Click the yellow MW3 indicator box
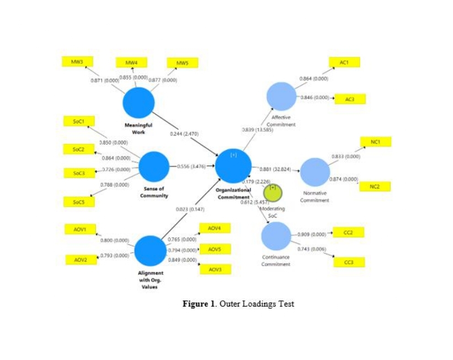tap(77, 62)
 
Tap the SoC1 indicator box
tap(77, 121)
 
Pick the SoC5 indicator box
tap(78, 202)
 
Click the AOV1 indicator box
tap(81, 229)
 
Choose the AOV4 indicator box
tap(215, 228)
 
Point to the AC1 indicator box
tap(344, 62)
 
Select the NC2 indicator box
tap(375, 187)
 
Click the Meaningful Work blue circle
tap(138, 103)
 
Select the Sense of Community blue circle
tap(154, 166)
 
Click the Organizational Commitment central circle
tap(233, 166)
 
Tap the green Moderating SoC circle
tap(273, 192)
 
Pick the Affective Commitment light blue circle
tap(281, 96)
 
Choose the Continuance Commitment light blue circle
tap(276, 236)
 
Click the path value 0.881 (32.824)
tap(275, 169)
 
